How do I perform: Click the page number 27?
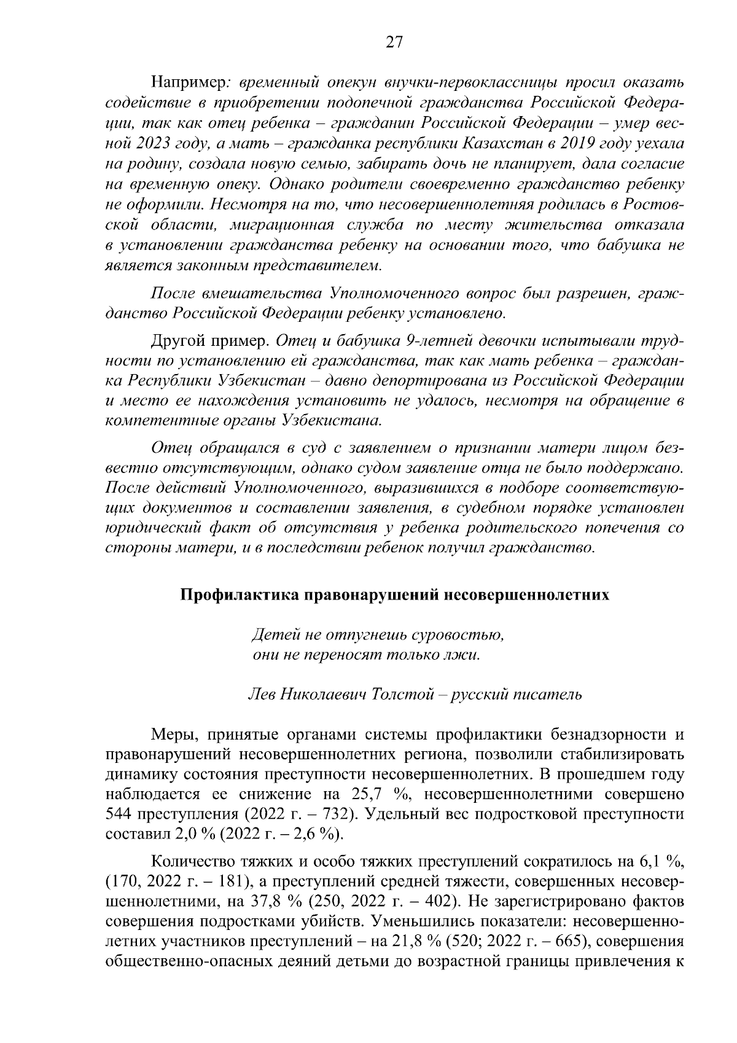394,42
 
